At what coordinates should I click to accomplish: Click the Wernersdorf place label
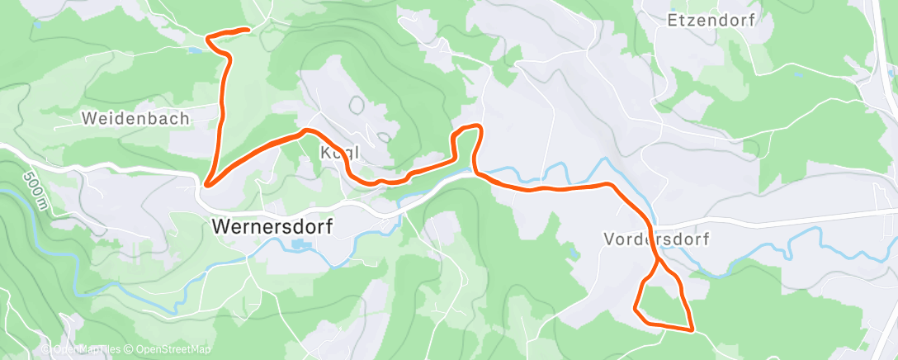pyautogui.click(x=272, y=225)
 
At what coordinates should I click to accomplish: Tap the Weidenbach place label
pyautogui.click(x=135, y=119)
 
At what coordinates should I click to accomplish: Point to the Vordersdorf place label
pyautogui.click(x=656, y=239)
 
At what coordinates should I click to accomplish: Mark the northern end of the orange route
pyautogui.click(x=248, y=30)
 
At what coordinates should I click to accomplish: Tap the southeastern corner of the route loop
pyautogui.click(x=691, y=329)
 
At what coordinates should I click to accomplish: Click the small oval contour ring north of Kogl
pyautogui.click(x=357, y=105)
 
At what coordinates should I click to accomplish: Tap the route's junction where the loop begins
pyautogui.click(x=658, y=263)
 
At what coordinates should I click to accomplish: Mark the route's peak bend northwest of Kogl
pyautogui.click(x=306, y=130)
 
